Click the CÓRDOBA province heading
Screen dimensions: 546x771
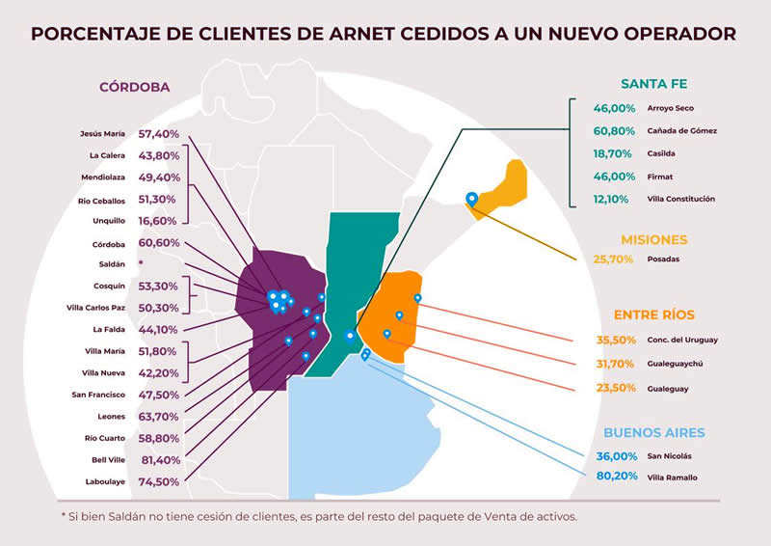135,87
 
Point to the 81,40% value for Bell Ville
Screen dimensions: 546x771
160,460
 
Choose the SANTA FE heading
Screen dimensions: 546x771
653,83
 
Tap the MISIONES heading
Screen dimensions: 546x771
653,239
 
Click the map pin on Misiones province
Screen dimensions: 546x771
471,199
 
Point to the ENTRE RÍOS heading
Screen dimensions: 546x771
653,314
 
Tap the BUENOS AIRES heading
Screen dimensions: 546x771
653,432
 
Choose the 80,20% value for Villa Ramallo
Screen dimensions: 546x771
614,477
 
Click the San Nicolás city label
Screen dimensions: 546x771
670,455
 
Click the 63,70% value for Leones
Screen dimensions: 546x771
160,416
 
